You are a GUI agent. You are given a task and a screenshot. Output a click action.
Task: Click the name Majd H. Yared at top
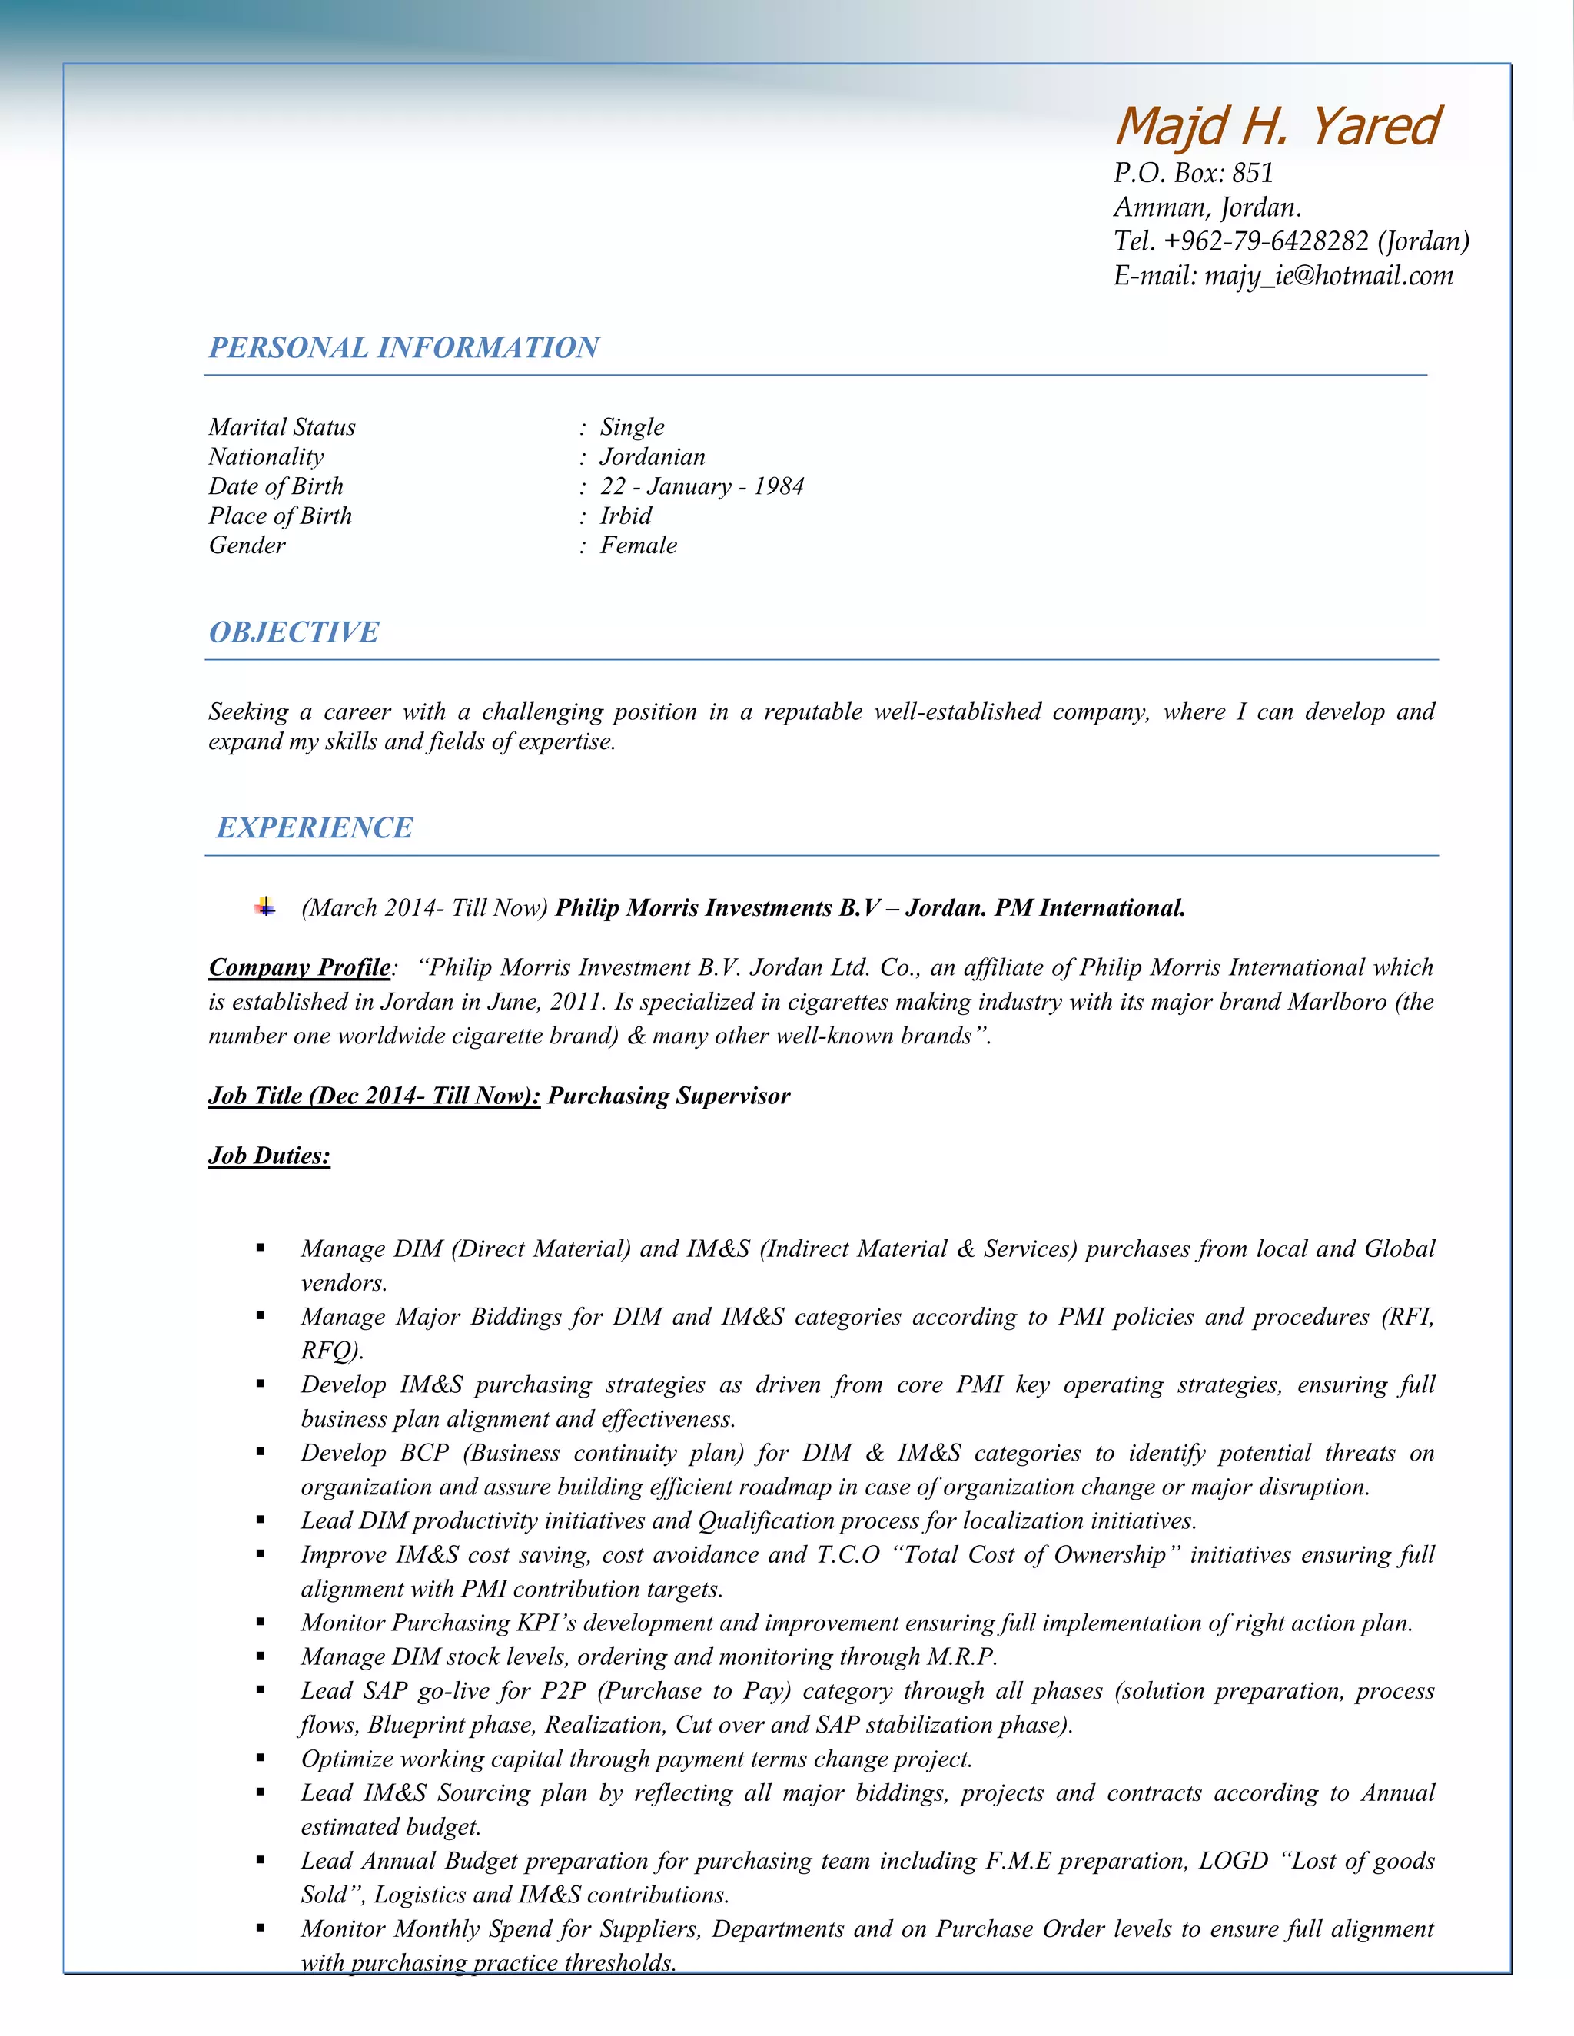click(1277, 127)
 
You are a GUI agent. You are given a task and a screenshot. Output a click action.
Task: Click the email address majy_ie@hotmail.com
click(1328, 276)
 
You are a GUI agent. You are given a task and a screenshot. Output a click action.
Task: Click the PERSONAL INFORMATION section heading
click(403, 348)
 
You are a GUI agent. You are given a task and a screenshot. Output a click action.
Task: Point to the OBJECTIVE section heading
click(294, 632)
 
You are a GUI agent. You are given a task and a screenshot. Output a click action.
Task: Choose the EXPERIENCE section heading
click(314, 827)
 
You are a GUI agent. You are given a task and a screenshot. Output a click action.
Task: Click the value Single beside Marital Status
click(633, 427)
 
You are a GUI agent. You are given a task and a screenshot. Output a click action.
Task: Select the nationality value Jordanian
click(653, 457)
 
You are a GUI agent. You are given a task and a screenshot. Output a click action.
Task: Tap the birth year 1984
click(779, 486)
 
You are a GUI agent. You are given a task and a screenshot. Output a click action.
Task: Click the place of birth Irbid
click(626, 516)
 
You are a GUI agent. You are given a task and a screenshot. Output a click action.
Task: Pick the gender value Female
click(639, 546)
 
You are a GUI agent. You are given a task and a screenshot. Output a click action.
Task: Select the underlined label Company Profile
click(299, 967)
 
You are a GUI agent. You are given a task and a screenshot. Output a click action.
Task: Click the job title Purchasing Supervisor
click(669, 1096)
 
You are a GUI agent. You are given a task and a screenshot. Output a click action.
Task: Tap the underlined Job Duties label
click(270, 1156)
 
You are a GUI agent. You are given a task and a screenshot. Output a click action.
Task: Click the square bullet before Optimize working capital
click(261, 1758)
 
